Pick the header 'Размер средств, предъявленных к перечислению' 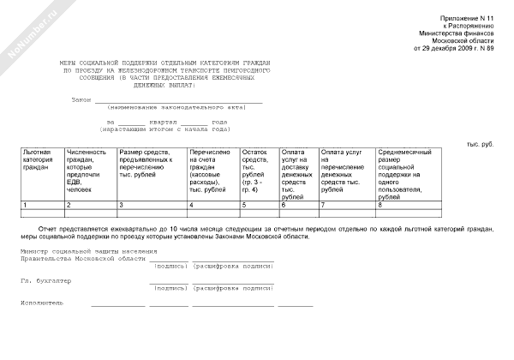point(148,163)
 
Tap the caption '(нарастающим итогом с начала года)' point(163,129)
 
